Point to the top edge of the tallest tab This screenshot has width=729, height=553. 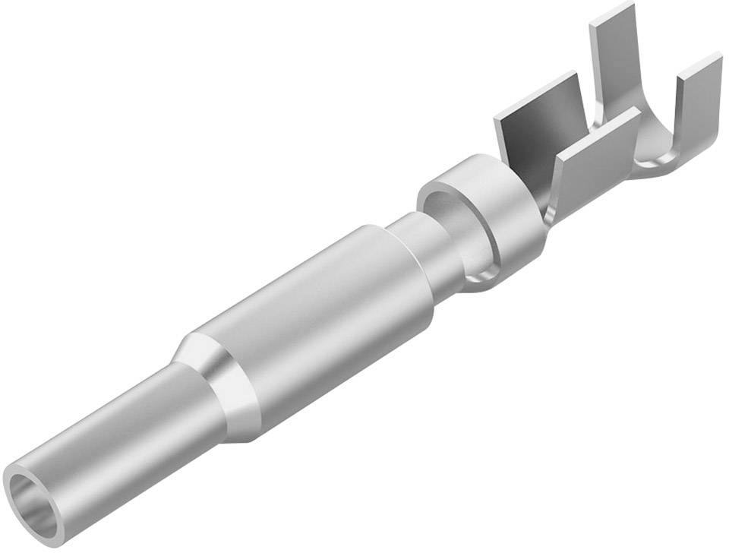(x=611, y=12)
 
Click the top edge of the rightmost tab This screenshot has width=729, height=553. (x=699, y=63)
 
